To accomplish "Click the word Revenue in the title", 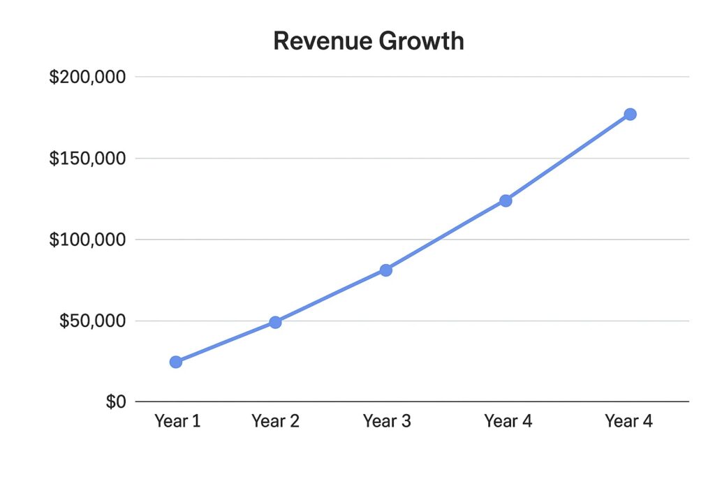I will pos(322,41).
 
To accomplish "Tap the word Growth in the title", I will pos(422,41).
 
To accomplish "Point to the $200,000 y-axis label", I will pos(87,77).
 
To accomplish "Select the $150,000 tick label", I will pos(87,159).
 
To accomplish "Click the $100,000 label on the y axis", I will pos(87,240).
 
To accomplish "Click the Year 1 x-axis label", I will pos(177,421).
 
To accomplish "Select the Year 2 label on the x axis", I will pos(275,421).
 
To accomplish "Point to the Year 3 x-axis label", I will pos(386,421).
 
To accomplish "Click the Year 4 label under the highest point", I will pos(628,421).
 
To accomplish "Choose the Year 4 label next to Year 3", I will pos(508,421).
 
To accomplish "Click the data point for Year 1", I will pos(176,362).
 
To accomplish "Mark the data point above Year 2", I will pos(275,322).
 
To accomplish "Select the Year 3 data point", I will pos(386,270).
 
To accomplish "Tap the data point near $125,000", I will pos(506,201).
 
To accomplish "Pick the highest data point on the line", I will pos(630,114).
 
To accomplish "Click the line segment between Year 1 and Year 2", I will pos(226,342).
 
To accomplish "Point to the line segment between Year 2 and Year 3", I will pos(330,296).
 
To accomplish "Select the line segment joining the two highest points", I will pos(568,158).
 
